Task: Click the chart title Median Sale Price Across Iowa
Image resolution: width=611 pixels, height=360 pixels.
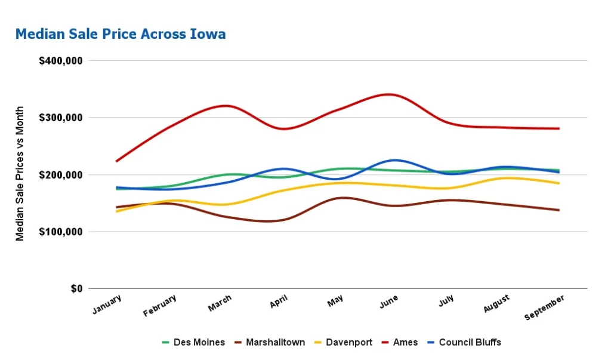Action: (x=121, y=34)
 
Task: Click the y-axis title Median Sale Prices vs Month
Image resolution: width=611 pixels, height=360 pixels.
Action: (x=20, y=174)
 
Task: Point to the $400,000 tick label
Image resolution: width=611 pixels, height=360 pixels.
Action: (x=60, y=61)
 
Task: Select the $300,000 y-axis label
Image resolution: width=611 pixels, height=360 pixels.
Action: (x=60, y=118)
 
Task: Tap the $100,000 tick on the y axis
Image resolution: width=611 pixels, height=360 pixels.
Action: (x=60, y=232)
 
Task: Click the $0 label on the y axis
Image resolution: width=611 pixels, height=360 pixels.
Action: (x=76, y=288)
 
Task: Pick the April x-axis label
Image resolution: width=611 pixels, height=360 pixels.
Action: (x=279, y=302)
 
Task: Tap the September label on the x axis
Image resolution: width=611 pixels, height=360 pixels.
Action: (x=544, y=307)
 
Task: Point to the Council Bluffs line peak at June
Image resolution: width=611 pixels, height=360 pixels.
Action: (x=394, y=160)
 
